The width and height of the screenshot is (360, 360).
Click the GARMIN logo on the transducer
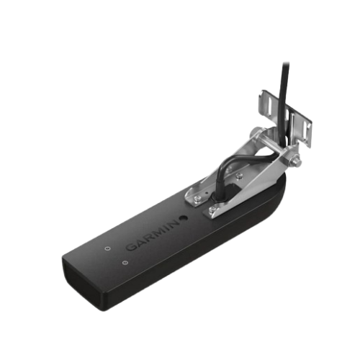pyautogui.click(x=153, y=235)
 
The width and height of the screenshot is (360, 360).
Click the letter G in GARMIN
pyautogui.click(x=131, y=246)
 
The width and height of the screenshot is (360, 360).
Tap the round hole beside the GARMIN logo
pyautogui.click(x=184, y=218)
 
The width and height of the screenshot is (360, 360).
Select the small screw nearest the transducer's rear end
pyautogui.click(x=125, y=263)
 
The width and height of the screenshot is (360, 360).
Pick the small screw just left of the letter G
pyautogui.click(x=108, y=248)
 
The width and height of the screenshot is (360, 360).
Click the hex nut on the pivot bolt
pyautogui.click(x=294, y=161)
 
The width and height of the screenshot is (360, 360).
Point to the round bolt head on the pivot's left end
pyautogui.click(x=254, y=132)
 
